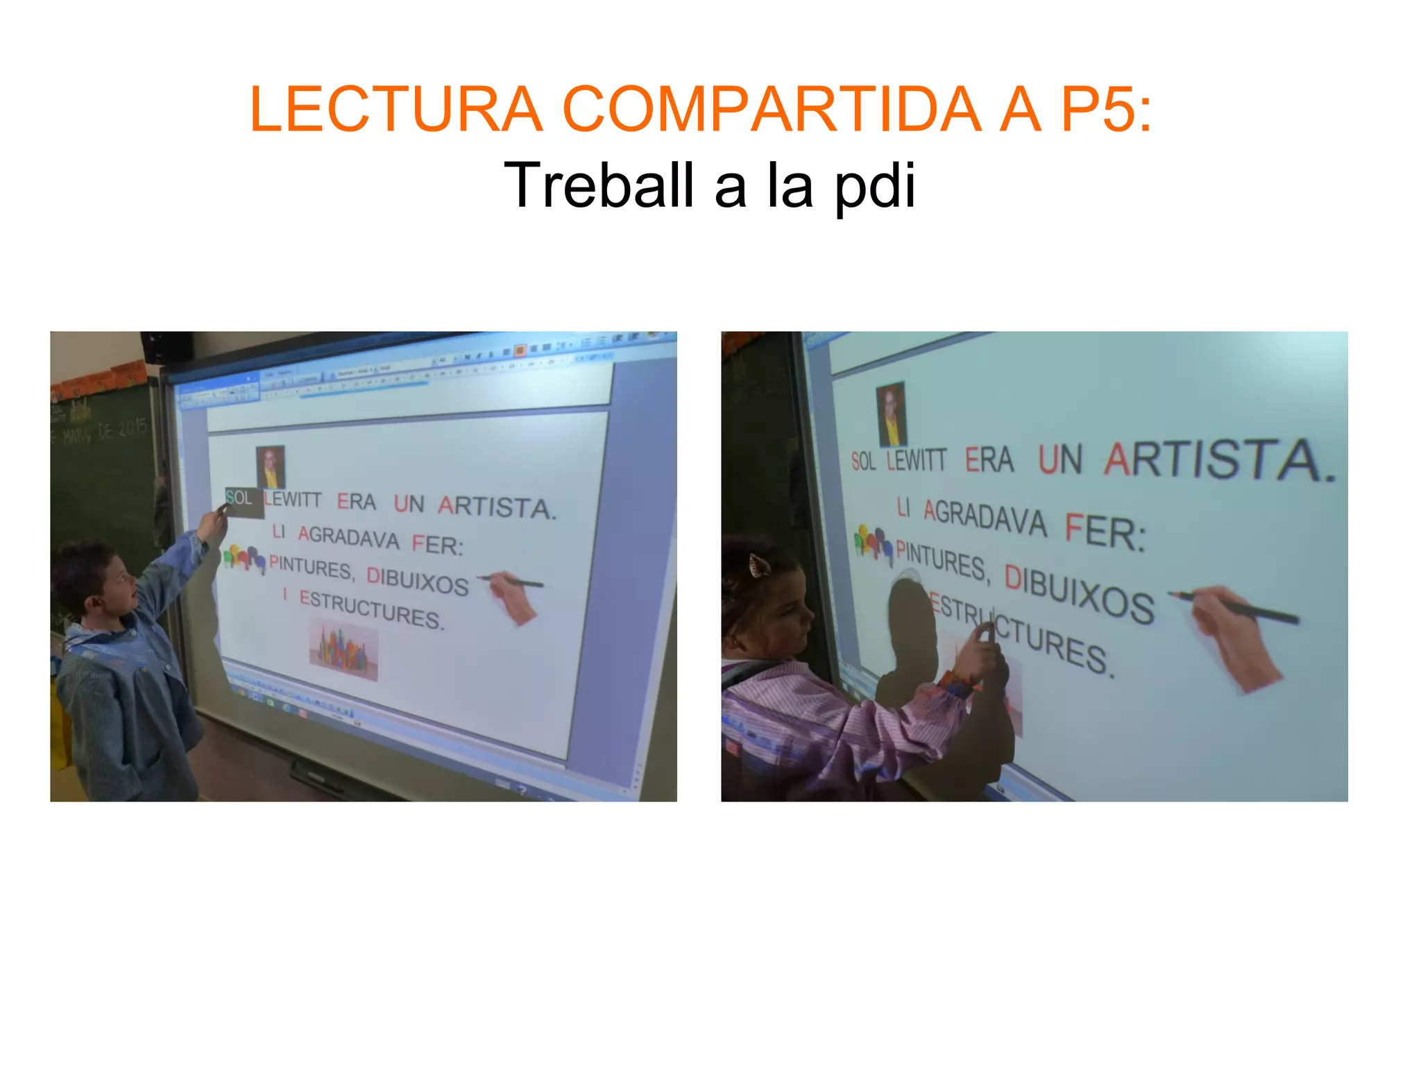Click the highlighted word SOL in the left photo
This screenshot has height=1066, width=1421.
tap(240, 498)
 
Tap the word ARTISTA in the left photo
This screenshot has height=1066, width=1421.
tap(496, 507)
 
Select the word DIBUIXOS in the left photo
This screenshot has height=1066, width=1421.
tap(418, 581)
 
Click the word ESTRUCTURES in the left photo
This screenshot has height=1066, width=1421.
tap(371, 609)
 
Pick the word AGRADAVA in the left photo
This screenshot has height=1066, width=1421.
tap(348, 537)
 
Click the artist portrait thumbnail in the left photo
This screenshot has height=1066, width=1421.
tap(271, 466)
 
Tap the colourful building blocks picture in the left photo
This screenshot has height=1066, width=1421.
tap(343, 651)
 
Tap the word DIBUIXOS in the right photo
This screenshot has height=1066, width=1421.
tap(1079, 593)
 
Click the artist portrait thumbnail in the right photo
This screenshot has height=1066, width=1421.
tap(891, 414)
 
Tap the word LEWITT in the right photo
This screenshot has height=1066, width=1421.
tap(917, 459)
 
